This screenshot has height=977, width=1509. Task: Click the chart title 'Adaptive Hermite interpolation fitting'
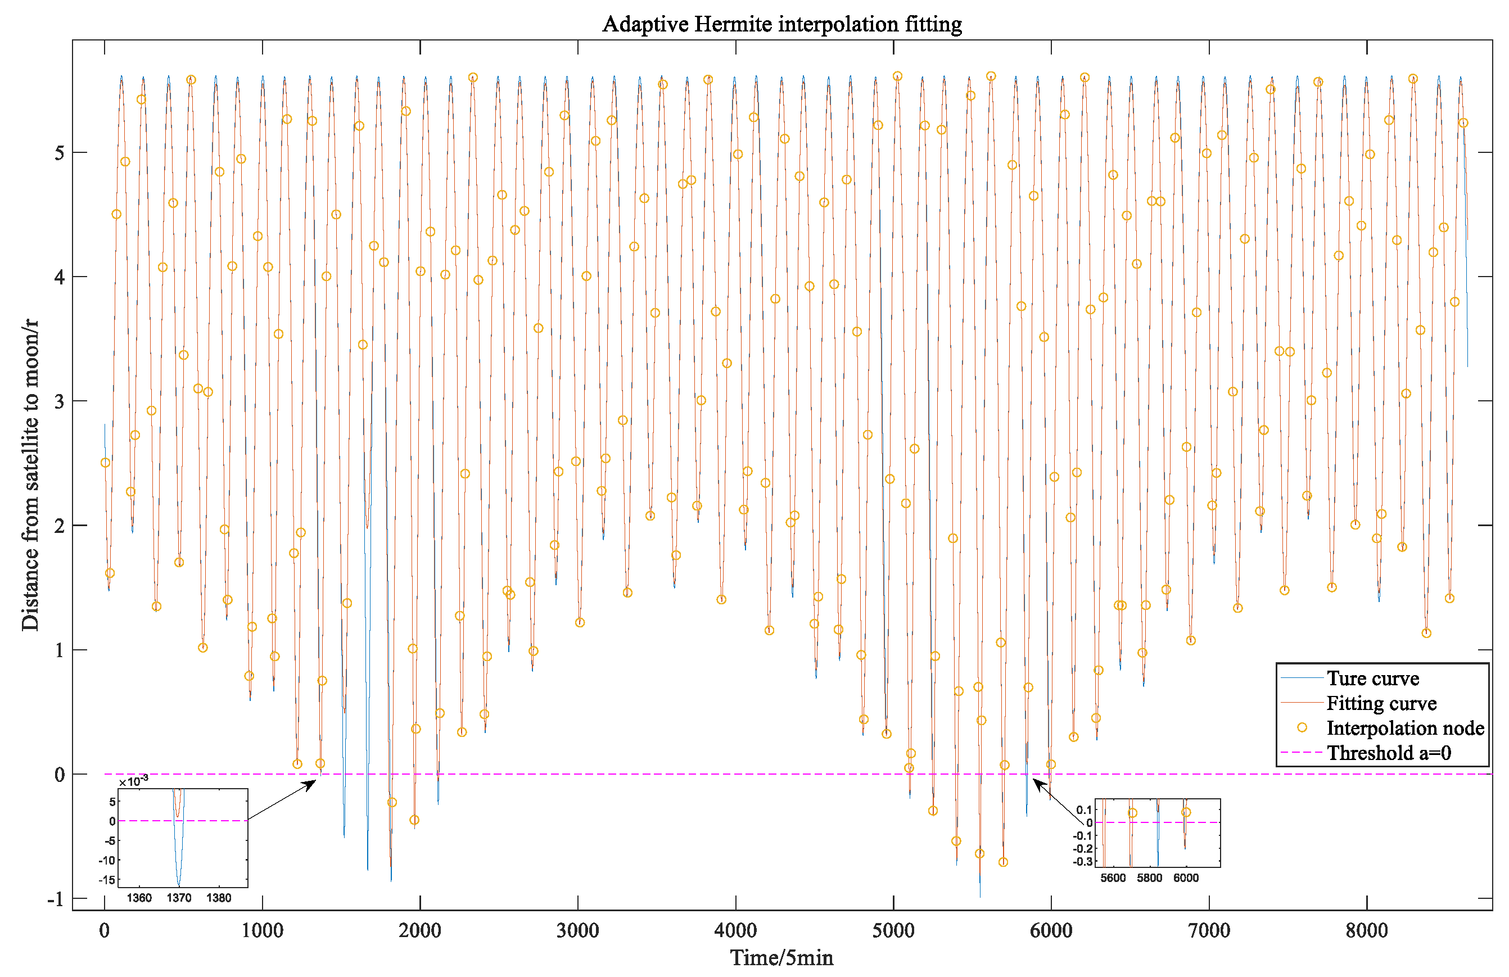[x=781, y=24]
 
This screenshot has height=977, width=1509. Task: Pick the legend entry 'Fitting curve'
[x=1381, y=703]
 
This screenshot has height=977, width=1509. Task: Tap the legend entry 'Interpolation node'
[x=1404, y=728]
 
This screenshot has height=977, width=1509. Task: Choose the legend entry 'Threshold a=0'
[x=1389, y=753]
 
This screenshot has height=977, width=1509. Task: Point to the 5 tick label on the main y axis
[x=59, y=153]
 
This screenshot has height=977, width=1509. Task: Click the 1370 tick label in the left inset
[x=179, y=898]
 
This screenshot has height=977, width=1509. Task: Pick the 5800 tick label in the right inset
[x=1150, y=878]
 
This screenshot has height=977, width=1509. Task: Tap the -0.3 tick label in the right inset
[x=1083, y=862]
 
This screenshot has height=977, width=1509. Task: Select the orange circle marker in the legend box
[x=1302, y=728]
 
